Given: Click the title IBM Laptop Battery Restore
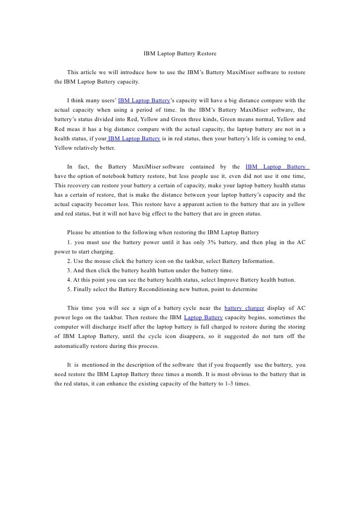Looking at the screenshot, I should tap(180, 52).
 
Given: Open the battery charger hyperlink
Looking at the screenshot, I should tap(244, 307).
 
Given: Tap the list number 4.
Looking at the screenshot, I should tap(69, 280).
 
